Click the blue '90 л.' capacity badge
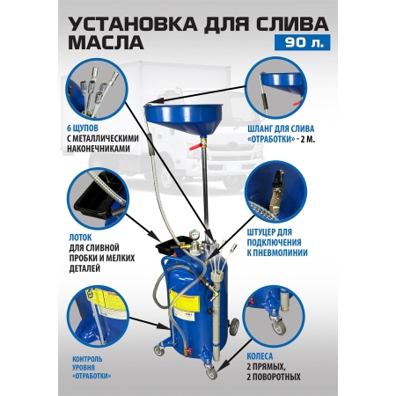tap(302, 42)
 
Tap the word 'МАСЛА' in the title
tap(106, 43)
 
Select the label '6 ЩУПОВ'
tap(83, 128)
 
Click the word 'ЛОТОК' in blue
tap(80, 237)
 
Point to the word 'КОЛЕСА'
tap(260, 356)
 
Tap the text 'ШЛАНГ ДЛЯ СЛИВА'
tap(281, 128)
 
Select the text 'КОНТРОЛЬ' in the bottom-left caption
tap(87, 359)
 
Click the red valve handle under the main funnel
tap(194, 146)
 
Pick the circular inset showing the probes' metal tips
tap(96, 91)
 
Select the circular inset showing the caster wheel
tap(275, 316)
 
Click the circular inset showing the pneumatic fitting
tap(275, 193)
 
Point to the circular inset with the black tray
tap(98, 199)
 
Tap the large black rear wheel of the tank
tap(233, 326)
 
